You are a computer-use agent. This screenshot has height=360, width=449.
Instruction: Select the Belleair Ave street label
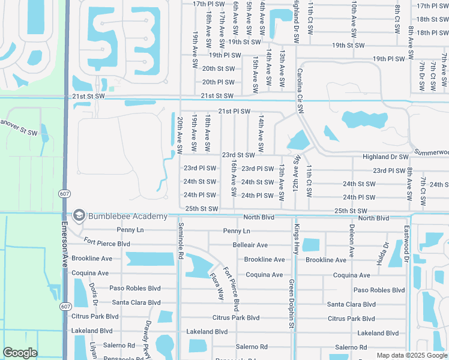click(250, 245)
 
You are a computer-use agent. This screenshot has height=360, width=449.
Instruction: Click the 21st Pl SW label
click(234, 111)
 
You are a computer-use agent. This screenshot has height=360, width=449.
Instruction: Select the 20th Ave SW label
click(180, 133)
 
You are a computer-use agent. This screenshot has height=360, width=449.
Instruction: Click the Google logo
click(20, 353)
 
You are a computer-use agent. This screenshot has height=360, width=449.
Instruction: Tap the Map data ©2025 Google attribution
click(412, 355)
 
